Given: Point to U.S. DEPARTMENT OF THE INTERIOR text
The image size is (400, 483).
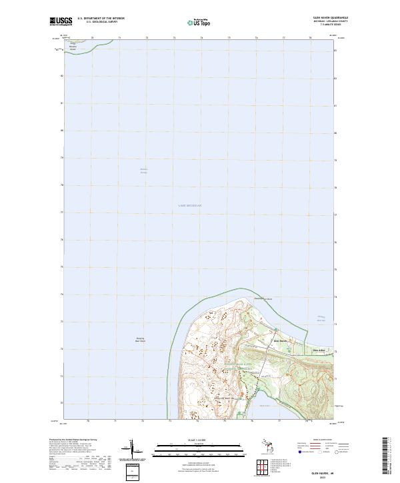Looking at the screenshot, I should point(101,19).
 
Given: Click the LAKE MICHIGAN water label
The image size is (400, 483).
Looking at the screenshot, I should point(190,206).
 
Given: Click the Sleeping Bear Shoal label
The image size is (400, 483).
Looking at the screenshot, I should point(141,340).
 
